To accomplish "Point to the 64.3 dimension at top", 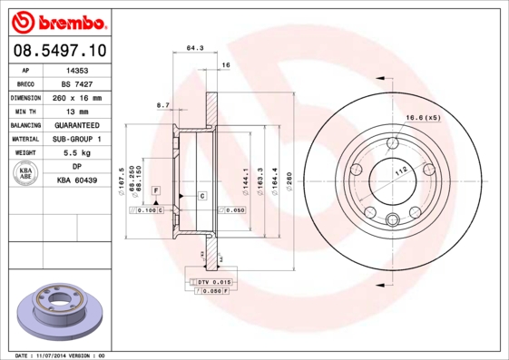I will pyautogui.click(x=193, y=48).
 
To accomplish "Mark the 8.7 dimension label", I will pyautogui.click(x=163, y=106).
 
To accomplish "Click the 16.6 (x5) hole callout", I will pyautogui.click(x=423, y=118).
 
